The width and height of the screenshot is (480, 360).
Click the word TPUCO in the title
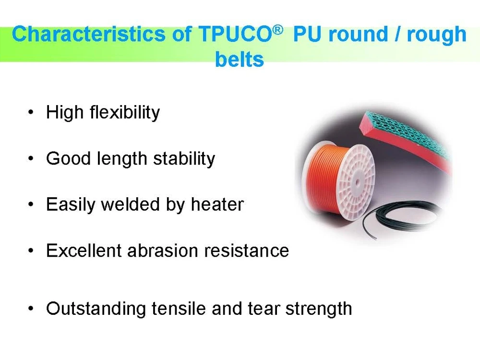point(234,35)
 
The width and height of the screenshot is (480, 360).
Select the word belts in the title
point(240,60)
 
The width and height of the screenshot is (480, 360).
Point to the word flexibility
point(125,113)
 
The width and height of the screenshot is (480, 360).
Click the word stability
point(184,159)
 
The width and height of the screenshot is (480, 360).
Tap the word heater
point(217,205)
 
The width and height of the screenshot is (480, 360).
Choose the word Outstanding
point(96,309)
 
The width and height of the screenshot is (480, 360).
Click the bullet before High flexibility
point(31,113)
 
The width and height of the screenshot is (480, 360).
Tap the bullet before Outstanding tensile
point(31,309)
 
